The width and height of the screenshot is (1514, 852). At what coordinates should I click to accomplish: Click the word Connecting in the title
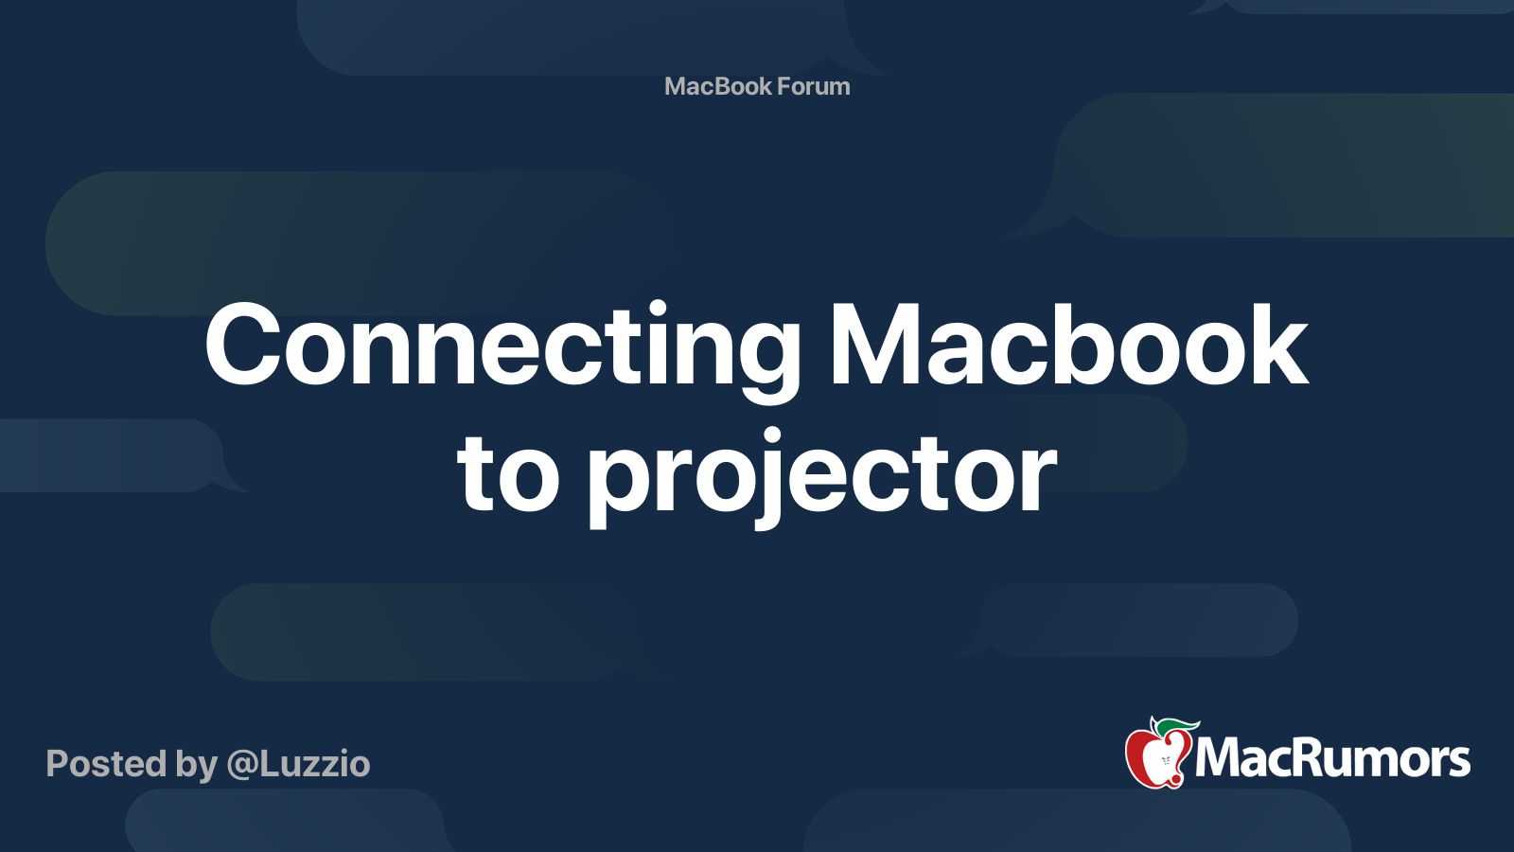tap(502, 351)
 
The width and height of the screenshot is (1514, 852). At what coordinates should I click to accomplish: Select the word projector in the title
tap(821, 478)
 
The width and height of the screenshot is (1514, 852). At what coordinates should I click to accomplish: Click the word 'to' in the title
tap(508, 473)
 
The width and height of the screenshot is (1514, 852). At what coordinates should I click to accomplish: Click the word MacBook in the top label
tap(718, 86)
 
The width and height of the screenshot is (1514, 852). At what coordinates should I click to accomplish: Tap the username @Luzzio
tap(298, 764)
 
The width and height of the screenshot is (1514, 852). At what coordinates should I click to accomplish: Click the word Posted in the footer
tap(106, 763)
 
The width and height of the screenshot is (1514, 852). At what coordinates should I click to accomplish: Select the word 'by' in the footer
tap(196, 766)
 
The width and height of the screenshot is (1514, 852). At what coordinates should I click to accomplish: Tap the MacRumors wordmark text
tap(1332, 758)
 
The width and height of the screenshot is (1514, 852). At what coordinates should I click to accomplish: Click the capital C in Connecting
tap(242, 345)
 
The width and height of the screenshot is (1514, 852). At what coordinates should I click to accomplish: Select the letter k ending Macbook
tap(1274, 345)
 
